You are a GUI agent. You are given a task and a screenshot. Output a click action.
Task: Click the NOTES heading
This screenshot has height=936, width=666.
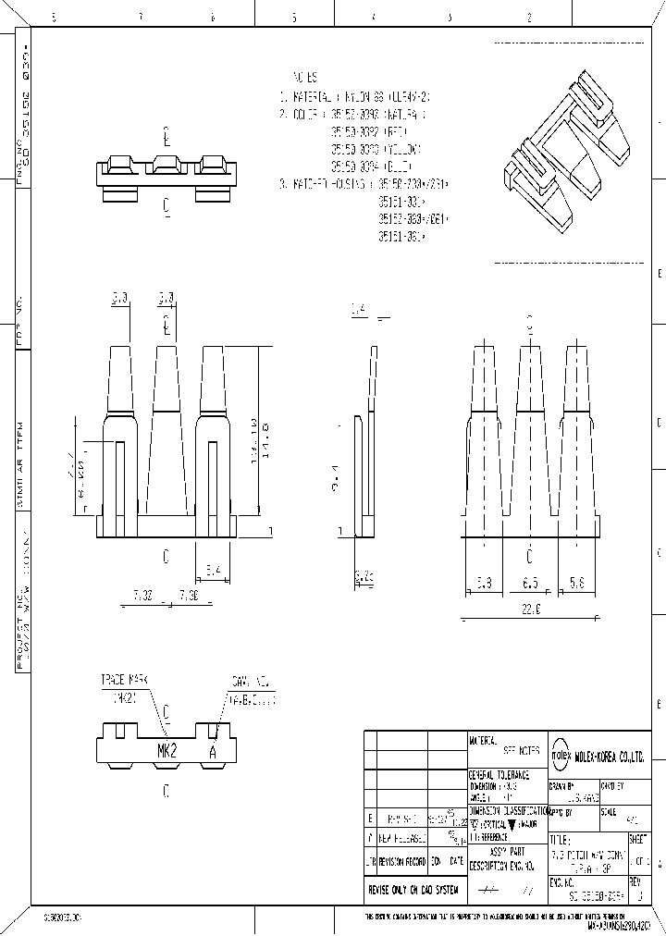coord(305,78)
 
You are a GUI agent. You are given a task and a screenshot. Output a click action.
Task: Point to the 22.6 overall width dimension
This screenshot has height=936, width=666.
coord(530,608)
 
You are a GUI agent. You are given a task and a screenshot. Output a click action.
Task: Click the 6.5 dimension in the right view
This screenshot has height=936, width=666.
coord(530,585)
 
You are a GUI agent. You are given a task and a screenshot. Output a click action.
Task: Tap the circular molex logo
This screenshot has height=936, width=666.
coord(561,755)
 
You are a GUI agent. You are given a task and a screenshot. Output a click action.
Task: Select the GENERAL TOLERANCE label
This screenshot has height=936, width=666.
coord(499,774)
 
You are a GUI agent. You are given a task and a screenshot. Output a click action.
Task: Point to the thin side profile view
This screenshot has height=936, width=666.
coord(367,444)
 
